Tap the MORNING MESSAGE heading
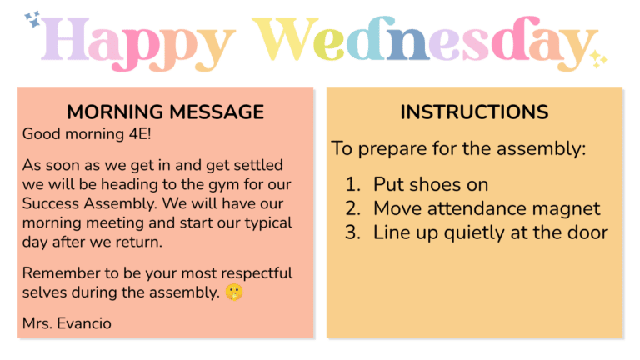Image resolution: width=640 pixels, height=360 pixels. point(165,112)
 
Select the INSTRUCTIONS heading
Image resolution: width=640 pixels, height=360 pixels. point(474,112)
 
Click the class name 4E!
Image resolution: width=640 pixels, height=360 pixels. point(122,133)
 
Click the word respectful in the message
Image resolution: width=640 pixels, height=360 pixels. point(248,273)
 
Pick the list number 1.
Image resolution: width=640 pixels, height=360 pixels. point(352,184)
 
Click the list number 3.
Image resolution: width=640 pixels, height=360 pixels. point(352,233)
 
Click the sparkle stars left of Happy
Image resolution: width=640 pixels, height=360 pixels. point(33,19)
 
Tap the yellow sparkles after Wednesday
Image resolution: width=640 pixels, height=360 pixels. point(598,59)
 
